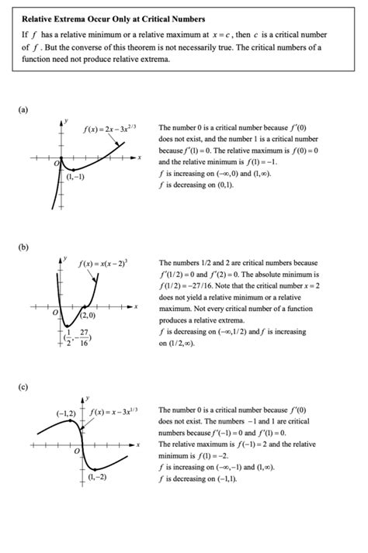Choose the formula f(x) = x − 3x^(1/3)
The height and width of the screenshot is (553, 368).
click(115, 410)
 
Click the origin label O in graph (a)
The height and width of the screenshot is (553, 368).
click(56, 164)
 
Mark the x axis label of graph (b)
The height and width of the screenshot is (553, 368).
click(136, 307)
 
